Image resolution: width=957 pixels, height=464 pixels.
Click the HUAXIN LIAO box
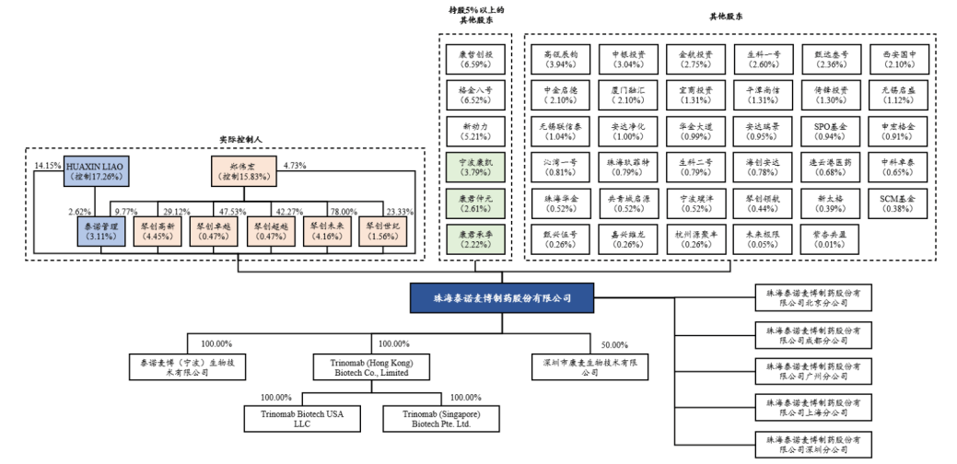95,171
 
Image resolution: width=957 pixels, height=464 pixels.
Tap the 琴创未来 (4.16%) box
328,230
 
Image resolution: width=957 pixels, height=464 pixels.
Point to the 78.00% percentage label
345,211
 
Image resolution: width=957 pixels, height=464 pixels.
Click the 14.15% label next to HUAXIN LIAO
47,166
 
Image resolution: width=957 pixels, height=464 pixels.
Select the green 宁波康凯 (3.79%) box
476,165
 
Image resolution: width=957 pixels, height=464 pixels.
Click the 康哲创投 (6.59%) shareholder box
476,60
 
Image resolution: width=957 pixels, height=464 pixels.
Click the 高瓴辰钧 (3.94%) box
561,60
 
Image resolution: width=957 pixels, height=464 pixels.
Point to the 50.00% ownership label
615,345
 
